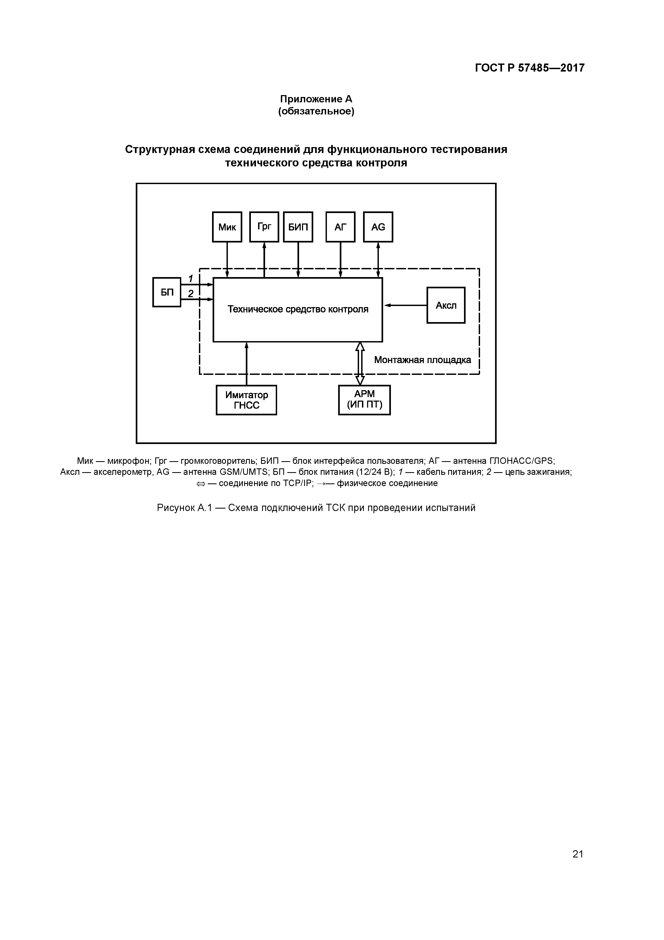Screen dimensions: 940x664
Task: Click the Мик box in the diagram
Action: click(227, 227)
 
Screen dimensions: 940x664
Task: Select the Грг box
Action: click(264, 227)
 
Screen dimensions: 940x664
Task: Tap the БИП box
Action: click(298, 227)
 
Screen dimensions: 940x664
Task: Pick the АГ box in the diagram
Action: click(340, 227)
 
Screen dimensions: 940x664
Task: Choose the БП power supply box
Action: click(167, 292)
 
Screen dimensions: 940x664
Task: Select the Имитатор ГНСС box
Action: click(246, 400)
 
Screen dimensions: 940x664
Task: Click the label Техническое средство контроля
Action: click(298, 309)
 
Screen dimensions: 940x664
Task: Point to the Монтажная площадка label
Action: click(422, 360)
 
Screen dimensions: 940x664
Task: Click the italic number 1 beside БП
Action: click(190, 279)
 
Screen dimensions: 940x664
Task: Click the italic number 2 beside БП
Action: click(190, 293)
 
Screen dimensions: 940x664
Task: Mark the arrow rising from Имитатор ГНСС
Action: click(246, 364)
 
